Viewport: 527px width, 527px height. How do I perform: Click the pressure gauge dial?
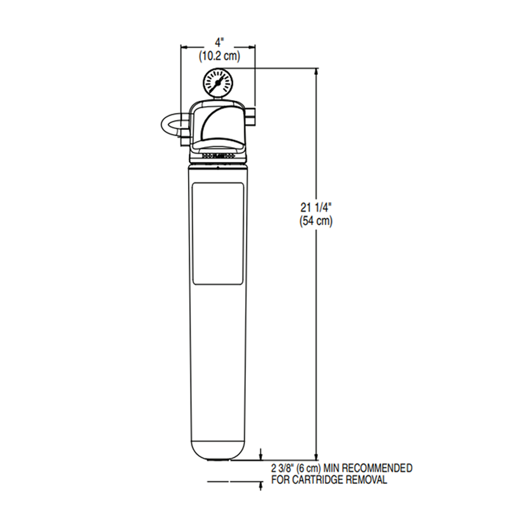(218, 83)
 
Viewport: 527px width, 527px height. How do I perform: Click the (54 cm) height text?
(316, 222)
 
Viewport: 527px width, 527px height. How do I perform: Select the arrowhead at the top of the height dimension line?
(316, 71)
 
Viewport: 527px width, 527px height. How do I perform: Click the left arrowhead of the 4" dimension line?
(184, 46)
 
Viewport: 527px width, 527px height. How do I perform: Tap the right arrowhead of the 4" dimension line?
(253, 46)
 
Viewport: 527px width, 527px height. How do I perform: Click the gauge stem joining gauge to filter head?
(218, 98)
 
